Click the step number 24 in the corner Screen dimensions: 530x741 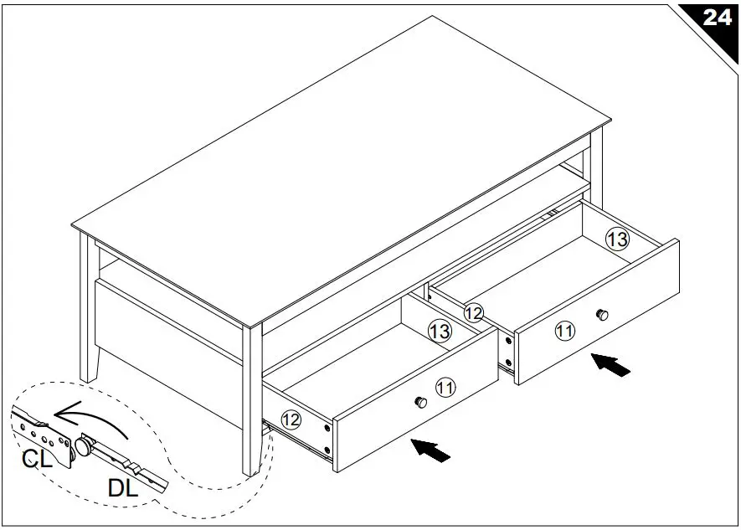coord(716,18)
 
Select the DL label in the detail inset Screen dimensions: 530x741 coord(124,489)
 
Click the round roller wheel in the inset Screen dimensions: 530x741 coord(86,446)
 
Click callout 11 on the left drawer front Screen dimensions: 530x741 coord(445,387)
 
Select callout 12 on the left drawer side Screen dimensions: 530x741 coord(291,420)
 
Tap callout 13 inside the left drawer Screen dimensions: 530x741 coord(440,332)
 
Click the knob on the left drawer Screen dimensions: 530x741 coord(421,403)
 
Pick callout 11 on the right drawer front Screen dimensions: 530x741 coord(565,331)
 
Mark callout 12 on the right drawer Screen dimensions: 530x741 coord(474,313)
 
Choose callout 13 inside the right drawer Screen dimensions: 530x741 coord(616,240)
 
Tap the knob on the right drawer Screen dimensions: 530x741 coord(600,314)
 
